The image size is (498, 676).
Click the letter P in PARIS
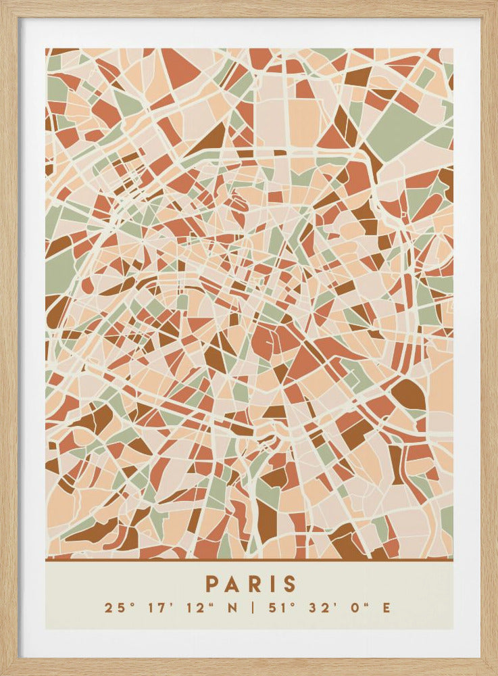(x=211, y=583)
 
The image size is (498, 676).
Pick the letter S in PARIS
(x=288, y=583)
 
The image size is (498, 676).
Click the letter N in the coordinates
(x=232, y=607)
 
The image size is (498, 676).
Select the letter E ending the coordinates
(x=386, y=607)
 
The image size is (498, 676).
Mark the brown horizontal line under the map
(x=249, y=560)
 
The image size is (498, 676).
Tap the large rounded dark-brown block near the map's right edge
(x=408, y=393)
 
